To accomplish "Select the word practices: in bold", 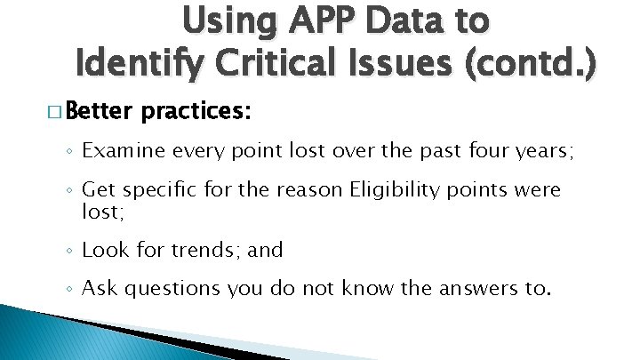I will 196,113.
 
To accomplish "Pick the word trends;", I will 205,250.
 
